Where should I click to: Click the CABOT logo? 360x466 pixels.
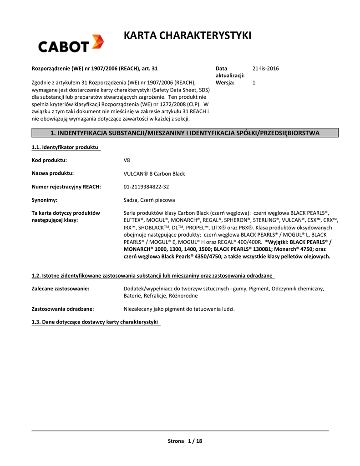tap(71, 44)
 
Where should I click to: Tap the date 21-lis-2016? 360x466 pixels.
tap(265, 69)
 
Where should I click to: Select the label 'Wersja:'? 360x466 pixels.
tap(225, 83)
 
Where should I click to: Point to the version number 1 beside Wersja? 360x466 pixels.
tap(254, 83)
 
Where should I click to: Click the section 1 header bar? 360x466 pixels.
tap(185, 133)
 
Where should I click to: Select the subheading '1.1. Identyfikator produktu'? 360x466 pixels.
tap(66, 147)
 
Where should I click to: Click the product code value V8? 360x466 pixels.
tap(127, 160)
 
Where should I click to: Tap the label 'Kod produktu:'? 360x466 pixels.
tap(49, 160)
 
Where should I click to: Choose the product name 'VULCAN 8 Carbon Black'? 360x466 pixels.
tap(154, 174)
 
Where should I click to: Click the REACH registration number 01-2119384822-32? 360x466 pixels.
tap(146, 187)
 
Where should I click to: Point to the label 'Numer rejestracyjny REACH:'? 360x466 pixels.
tap(66, 187)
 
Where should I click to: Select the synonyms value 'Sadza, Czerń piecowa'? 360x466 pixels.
tap(149, 200)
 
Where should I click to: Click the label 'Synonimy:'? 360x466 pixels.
tap(44, 200)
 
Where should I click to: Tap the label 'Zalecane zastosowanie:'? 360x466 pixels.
tap(60, 289)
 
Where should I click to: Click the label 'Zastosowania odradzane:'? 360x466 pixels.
tap(63, 309)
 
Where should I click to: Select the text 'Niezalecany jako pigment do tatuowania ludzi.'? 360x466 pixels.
tap(179, 309)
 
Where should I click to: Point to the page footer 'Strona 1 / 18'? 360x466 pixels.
tap(185, 441)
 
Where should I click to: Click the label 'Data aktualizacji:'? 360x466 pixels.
tap(230, 72)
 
